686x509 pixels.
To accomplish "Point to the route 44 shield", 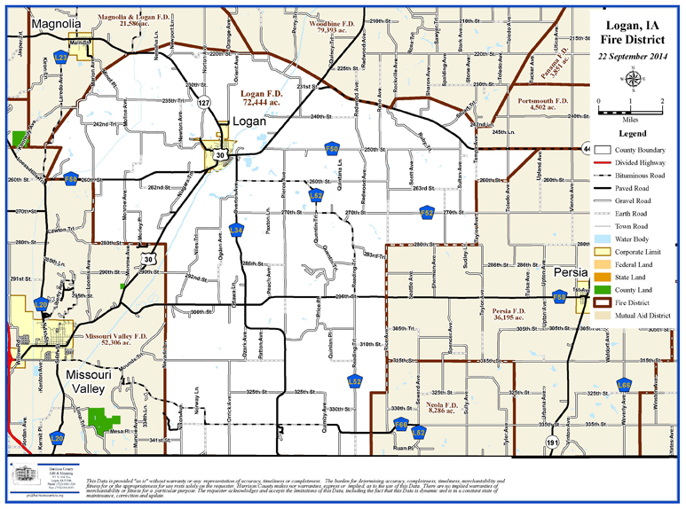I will [x=587, y=147].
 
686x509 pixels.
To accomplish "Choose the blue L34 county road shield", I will [x=236, y=231].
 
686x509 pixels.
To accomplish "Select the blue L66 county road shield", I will [x=625, y=386].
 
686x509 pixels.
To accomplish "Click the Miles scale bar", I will [x=631, y=111].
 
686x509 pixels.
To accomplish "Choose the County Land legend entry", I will [x=627, y=289].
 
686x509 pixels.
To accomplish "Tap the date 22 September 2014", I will [x=633, y=57].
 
